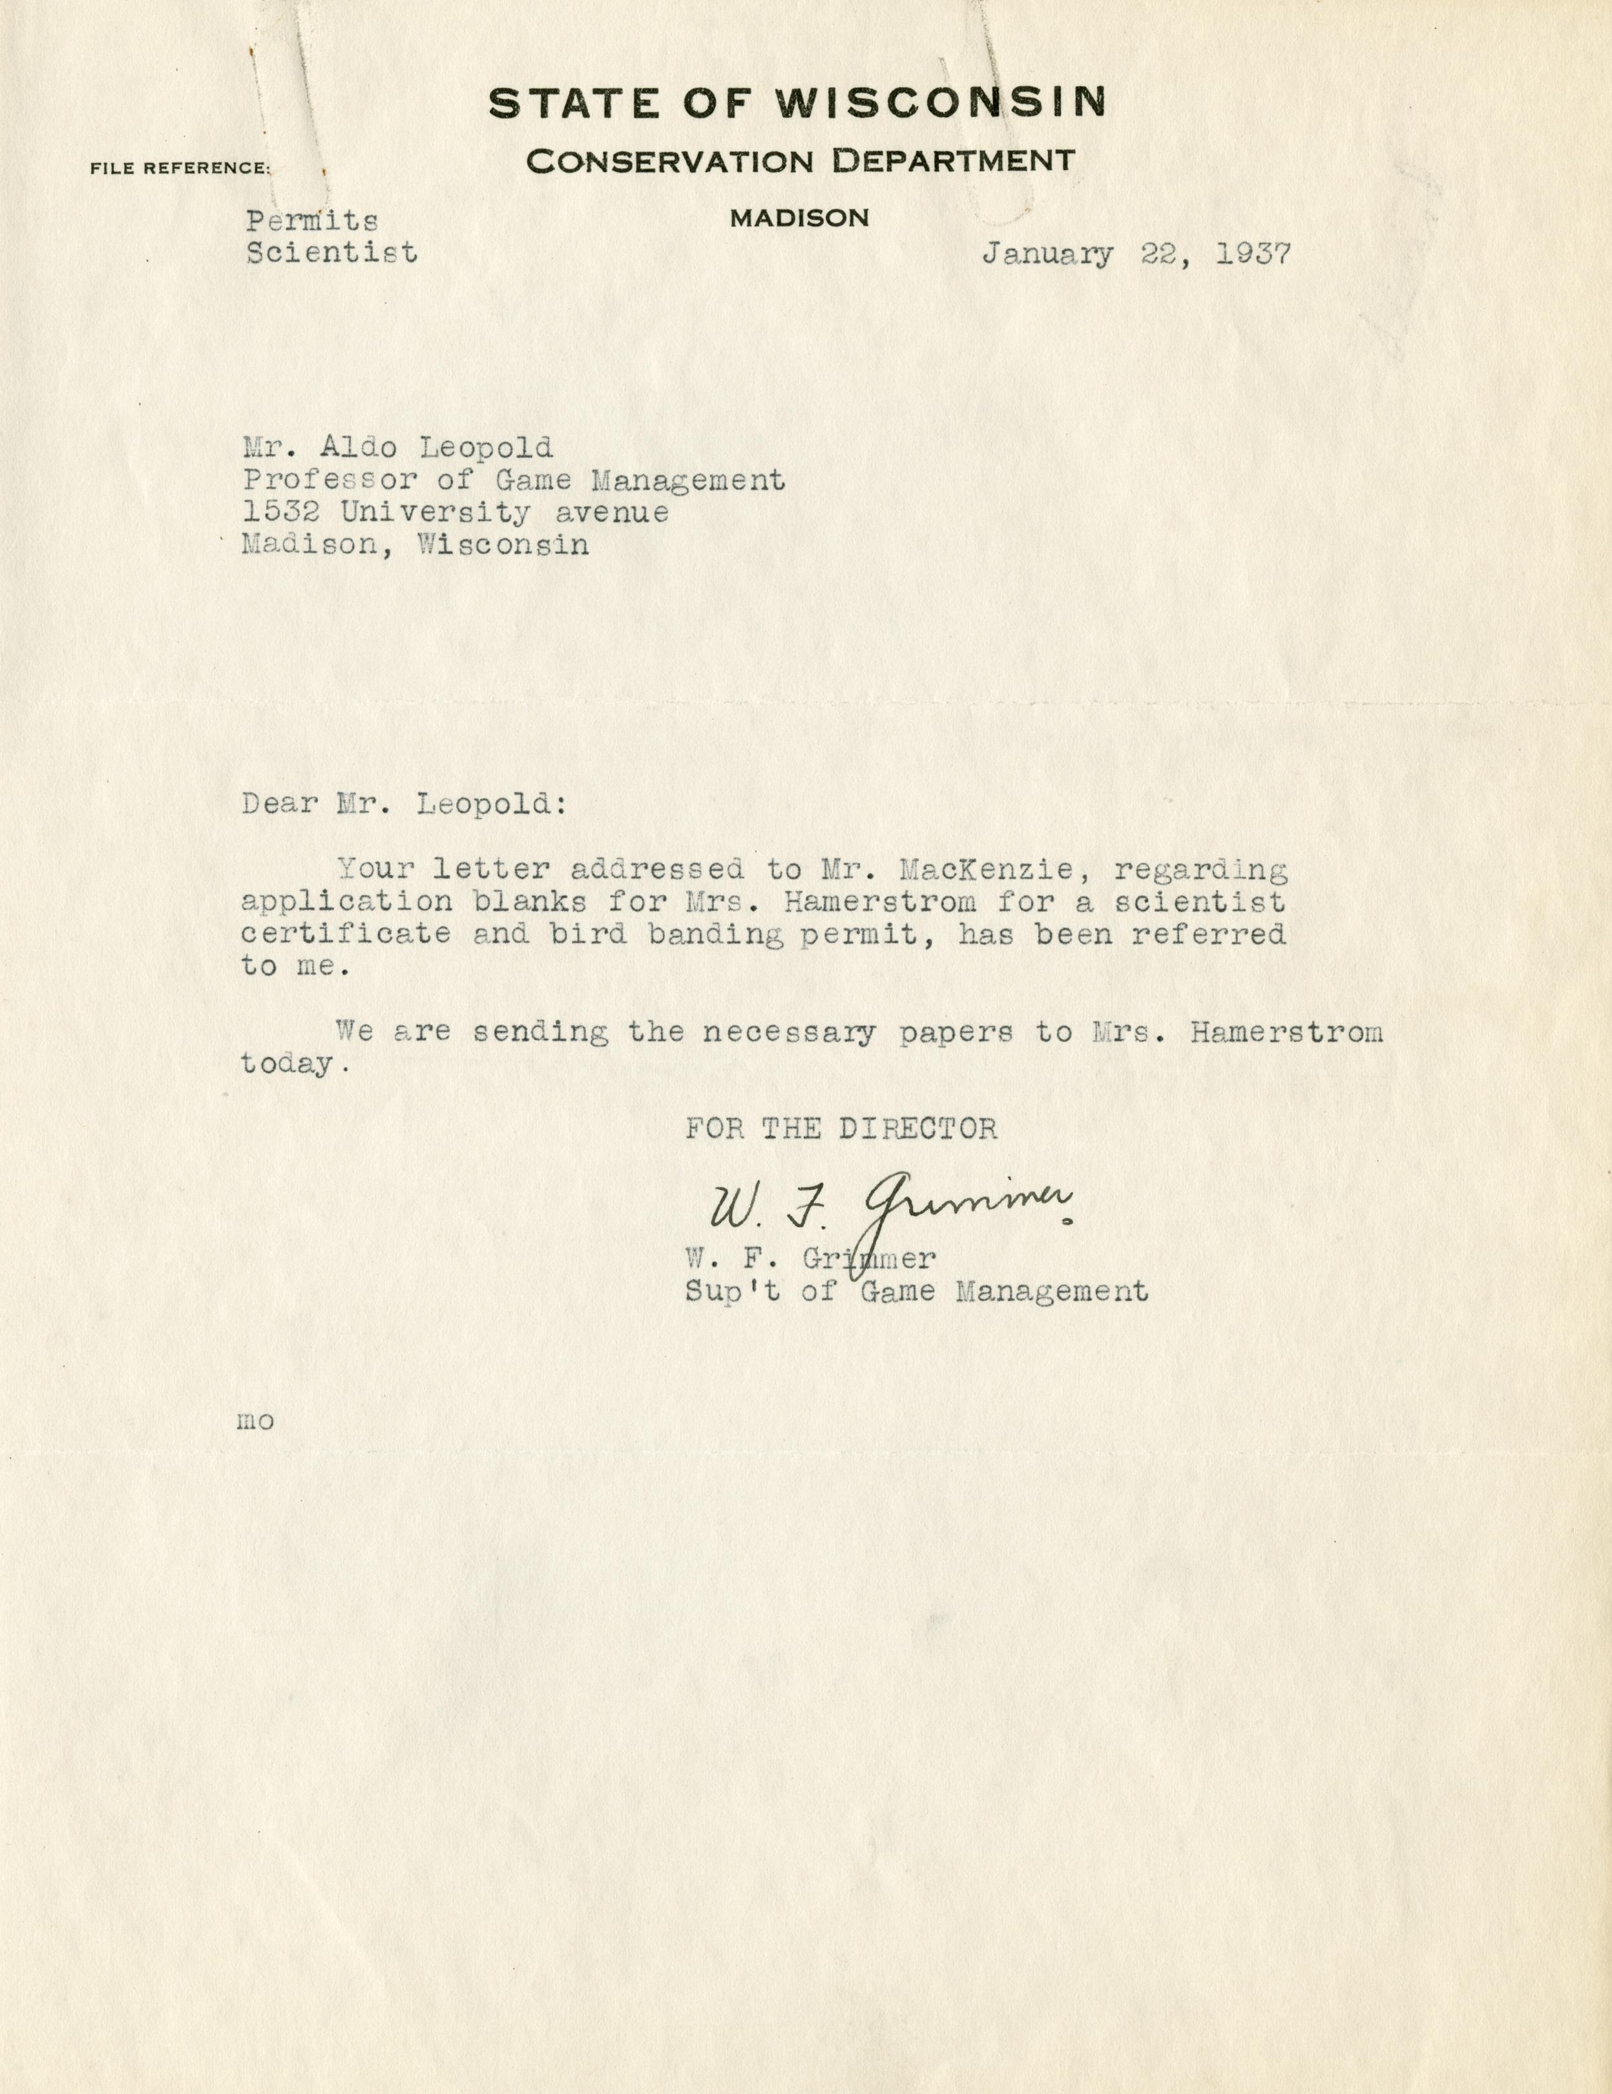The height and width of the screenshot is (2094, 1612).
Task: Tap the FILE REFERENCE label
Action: point(180,169)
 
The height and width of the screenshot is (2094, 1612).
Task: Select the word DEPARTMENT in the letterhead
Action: point(952,160)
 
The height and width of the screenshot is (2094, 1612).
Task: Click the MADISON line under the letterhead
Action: point(799,218)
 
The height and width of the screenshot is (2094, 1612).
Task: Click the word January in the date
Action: point(1047,255)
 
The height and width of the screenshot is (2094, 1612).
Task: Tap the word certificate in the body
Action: point(346,934)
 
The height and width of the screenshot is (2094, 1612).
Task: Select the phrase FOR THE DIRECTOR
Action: point(841,1128)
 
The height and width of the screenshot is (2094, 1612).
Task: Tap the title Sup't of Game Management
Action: point(916,1291)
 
